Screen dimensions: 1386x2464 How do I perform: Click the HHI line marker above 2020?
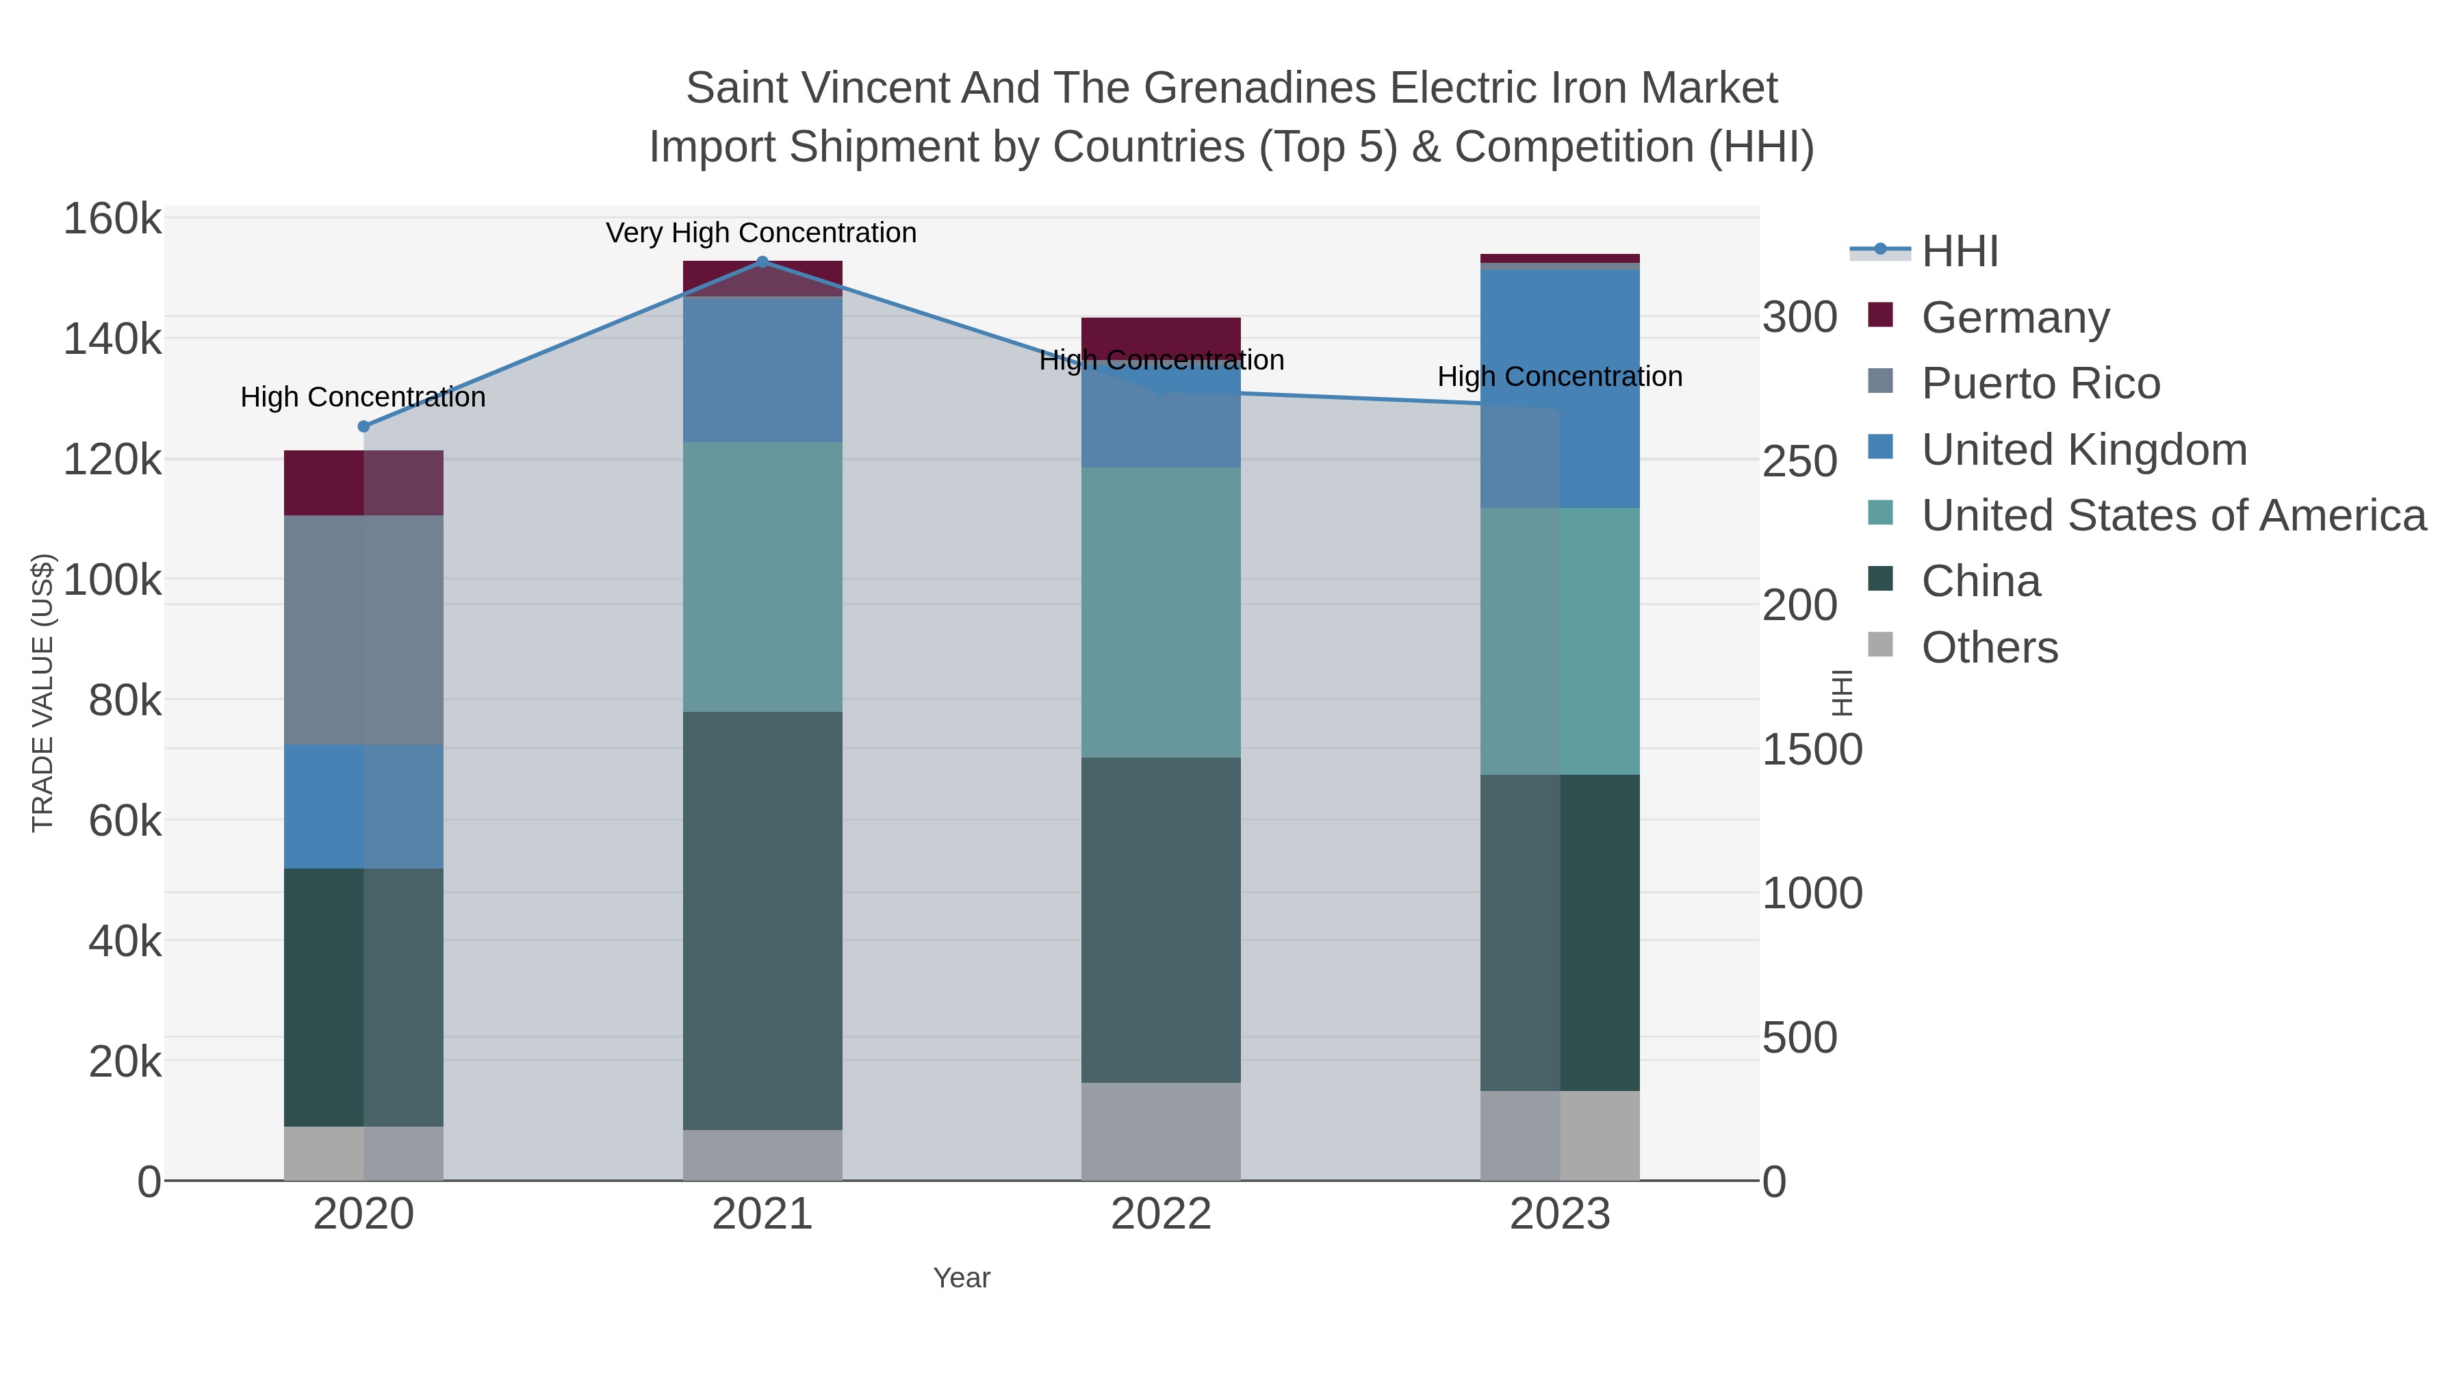click(x=363, y=426)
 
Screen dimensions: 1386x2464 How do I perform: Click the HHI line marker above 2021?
click(x=762, y=261)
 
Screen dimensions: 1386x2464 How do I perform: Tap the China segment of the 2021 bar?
click(x=762, y=920)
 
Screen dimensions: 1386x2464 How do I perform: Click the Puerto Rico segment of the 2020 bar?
click(x=363, y=630)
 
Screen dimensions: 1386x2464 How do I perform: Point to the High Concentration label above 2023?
click(x=1559, y=377)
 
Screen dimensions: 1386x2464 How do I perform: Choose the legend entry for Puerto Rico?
click(x=2040, y=383)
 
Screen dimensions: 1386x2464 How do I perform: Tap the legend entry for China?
click(x=1980, y=582)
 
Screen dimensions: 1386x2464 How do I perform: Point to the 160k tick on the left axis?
click(x=112, y=219)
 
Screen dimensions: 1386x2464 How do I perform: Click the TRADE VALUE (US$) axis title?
click(x=43, y=693)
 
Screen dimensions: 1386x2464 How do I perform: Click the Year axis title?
click(x=962, y=1278)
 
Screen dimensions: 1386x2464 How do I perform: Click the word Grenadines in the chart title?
click(x=1260, y=88)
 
